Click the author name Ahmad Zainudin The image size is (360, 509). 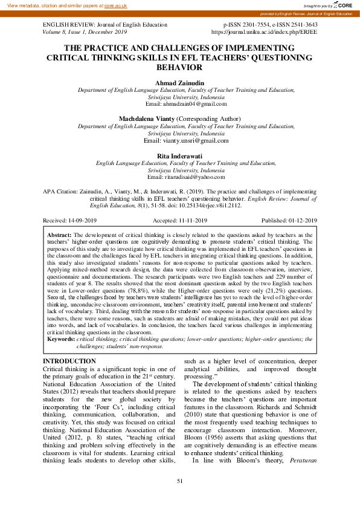(x=179, y=82)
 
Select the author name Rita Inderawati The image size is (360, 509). (x=179, y=155)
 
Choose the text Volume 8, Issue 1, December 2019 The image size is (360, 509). (x=85, y=31)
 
